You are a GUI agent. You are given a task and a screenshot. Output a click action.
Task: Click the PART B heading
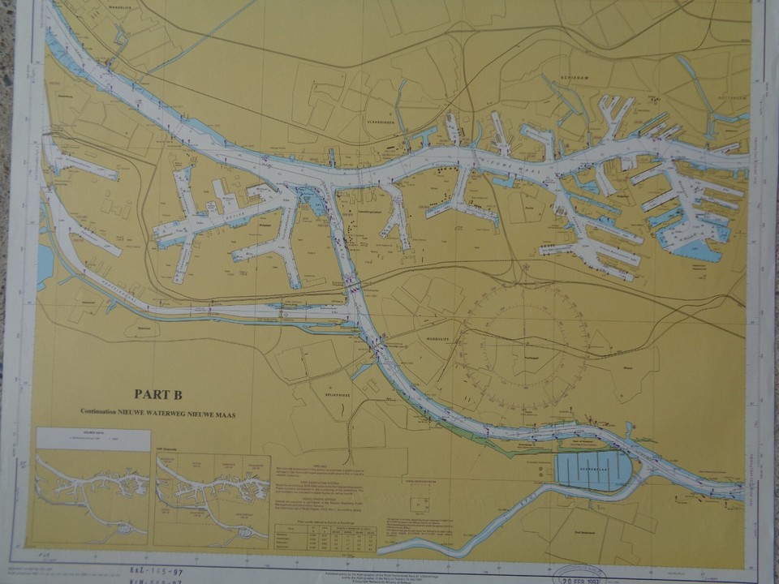tap(157, 395)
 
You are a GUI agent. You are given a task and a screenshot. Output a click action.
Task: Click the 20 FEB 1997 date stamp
tap(588, 575)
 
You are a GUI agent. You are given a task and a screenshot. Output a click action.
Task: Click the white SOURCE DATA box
tap(93, 440)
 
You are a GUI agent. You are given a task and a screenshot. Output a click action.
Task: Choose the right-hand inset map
tap(213, 499)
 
